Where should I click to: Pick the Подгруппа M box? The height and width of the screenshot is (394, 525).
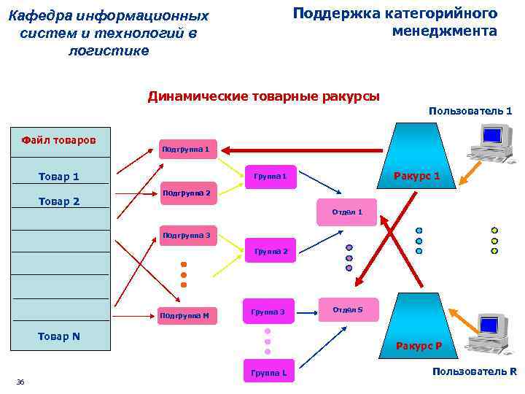pyautogui.click(x=184, y=315)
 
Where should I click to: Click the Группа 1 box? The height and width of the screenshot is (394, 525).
pyautogui.click(x=270, y=177)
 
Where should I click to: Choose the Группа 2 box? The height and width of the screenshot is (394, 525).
pyautogui.click(x=270, y=251)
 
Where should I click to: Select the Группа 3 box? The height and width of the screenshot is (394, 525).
pyautogui.click(x=268, y=312)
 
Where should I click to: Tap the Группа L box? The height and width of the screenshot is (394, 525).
pyautogui.click(x=268, y=373)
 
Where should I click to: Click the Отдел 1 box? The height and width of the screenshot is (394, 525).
pyautogui.click(x=347, y=212)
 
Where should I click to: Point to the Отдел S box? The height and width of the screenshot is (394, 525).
pyautogui.click(x=348, y=309)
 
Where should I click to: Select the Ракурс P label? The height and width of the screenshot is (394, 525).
pyautogui.click(x=424, y=345)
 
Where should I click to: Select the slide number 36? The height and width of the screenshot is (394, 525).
pyautogui.click(x=20, y=382)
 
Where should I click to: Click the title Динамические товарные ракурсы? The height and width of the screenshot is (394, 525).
pyautogui.click(x=263, y=96)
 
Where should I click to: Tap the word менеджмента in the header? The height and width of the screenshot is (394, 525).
pyautogui.click(x=444, y=31)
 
